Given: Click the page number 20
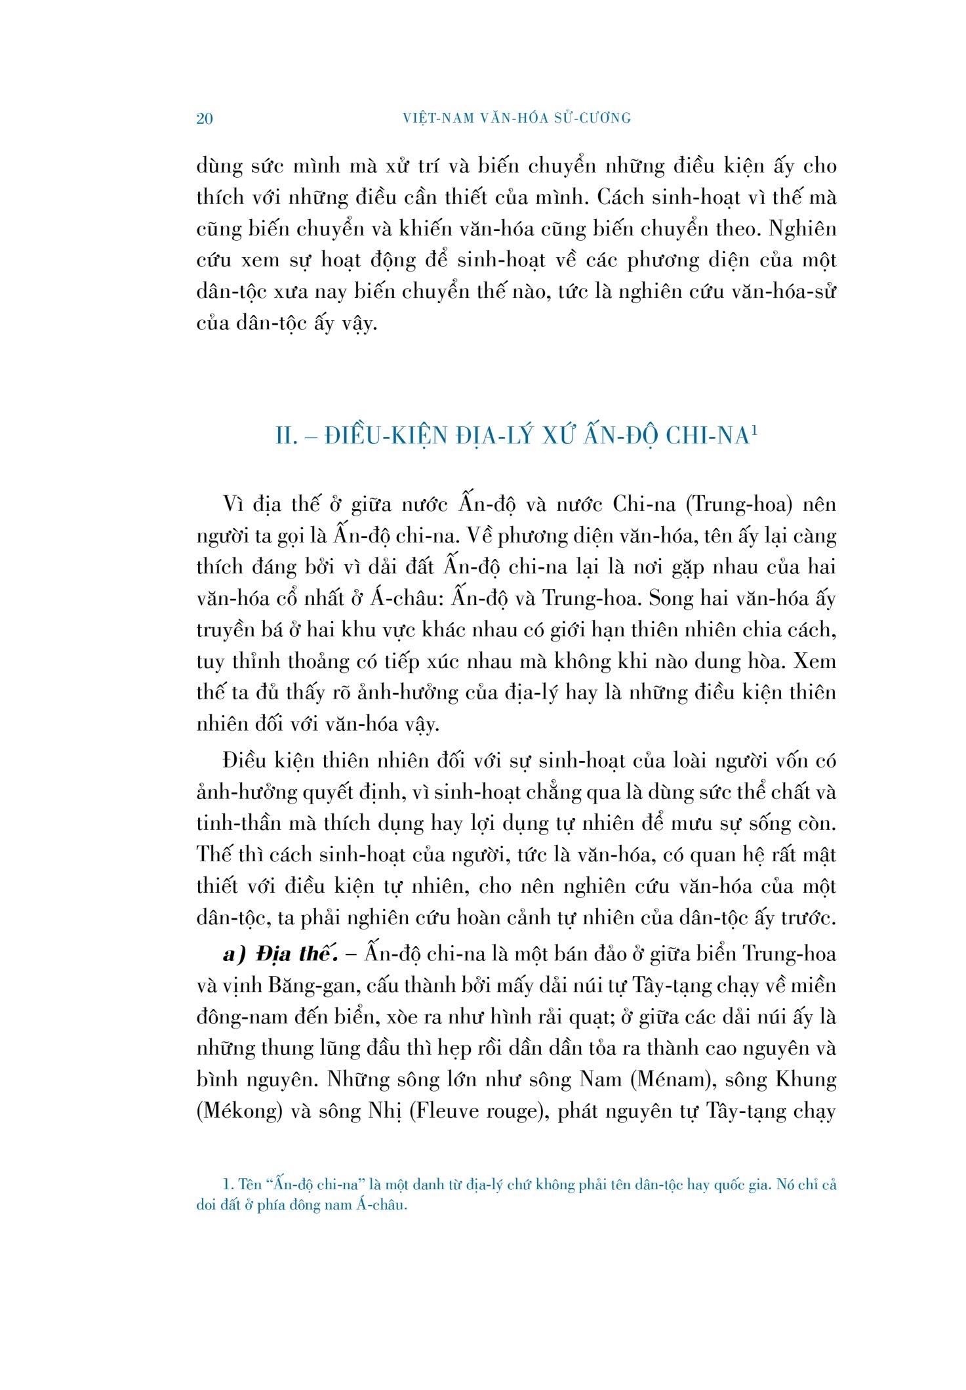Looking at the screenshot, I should click(x=205, y=119).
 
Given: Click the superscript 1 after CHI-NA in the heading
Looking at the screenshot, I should click(x=755, y=431).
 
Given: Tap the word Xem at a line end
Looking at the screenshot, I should click(x=815, y=661).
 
